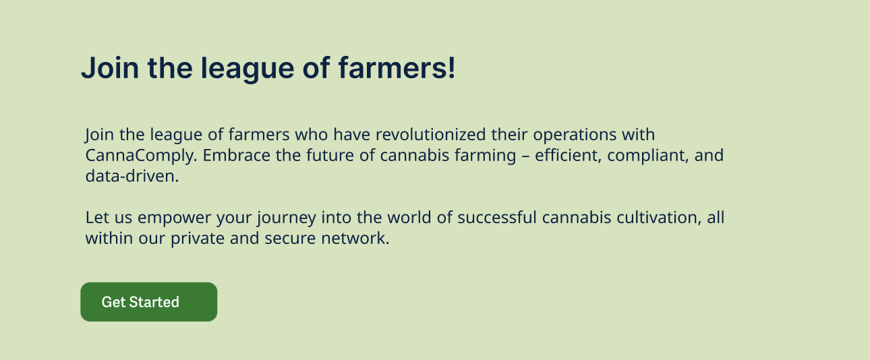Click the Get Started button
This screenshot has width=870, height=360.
point(149,302)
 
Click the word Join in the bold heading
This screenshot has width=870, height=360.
point(110,68)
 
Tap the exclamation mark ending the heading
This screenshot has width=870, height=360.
point(451,67)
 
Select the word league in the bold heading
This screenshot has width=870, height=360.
point(247,69)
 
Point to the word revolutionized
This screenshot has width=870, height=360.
point(430,135)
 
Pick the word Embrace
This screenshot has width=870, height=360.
point(237,155)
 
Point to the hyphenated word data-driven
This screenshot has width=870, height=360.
point(132,176)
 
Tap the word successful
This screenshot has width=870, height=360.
point(497,217)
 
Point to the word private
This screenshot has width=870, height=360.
point(198,239)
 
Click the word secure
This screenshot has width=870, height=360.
point(290,239)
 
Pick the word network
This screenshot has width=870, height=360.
point(355,238)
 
